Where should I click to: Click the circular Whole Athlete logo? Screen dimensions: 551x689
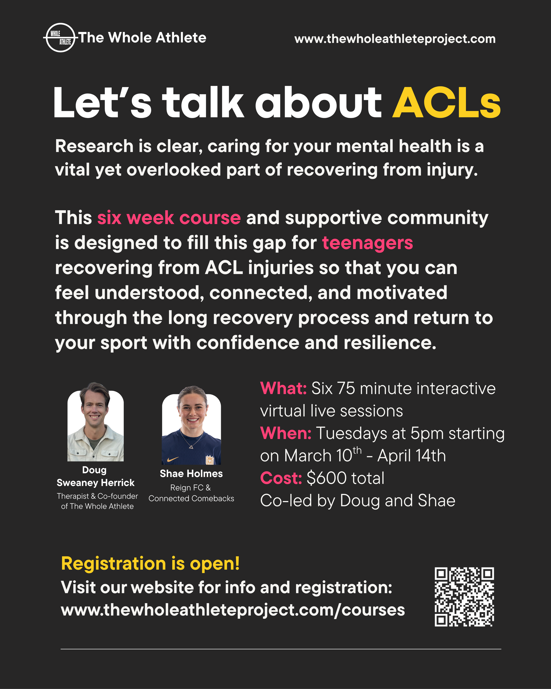coord(61,38)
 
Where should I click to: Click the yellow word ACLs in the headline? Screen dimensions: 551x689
coord(447,103)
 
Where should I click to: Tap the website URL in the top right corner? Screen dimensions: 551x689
coord(395,39)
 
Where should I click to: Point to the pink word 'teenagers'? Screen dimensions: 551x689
coord(367,243)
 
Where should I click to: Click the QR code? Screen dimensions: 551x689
coord(464,597)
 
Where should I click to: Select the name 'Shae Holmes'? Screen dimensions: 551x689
coord(191,474)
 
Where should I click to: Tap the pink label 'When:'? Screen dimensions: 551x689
coord(286,433)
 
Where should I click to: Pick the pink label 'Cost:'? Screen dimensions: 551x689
coord(281,478)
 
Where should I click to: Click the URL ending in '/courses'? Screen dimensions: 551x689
coord(233,610)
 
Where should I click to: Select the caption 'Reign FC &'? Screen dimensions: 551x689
coord(190,488)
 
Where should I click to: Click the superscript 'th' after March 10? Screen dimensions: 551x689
coord(357,451)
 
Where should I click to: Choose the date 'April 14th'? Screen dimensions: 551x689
coord(411,456)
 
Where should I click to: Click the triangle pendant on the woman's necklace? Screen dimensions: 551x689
coord(191,447)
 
